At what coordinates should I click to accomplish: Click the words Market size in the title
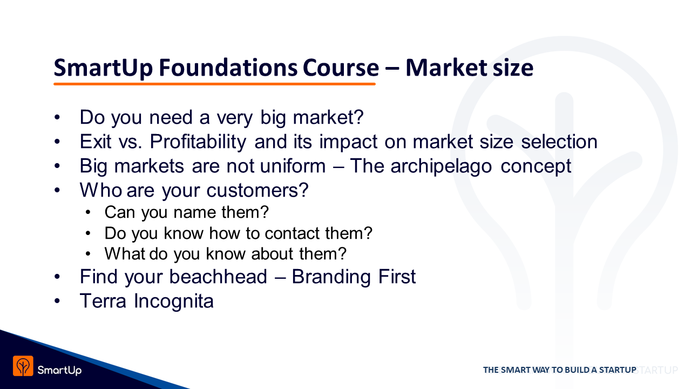[x=469, y=68]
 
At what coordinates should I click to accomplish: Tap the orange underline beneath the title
[x=214, y=84]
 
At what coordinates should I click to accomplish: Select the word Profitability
[x=198, y=142]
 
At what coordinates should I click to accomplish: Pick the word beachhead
[x=218, y=276]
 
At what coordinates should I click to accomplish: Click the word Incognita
[x=174, y=301]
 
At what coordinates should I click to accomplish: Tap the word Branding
[x=331, y=277]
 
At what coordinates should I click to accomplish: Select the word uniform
[x=293, y=166]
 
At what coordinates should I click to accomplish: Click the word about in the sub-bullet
[x=272, y=254]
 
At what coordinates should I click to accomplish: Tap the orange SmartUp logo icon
[x=23, y=366]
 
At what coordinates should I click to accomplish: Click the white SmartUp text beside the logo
[x=59, y=370]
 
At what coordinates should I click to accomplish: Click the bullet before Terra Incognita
[x=57, y=301]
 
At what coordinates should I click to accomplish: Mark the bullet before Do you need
[x=57, y=118]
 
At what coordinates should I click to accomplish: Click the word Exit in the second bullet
[x=96, y=142]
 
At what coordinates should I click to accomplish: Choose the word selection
[x=559, y=142]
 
